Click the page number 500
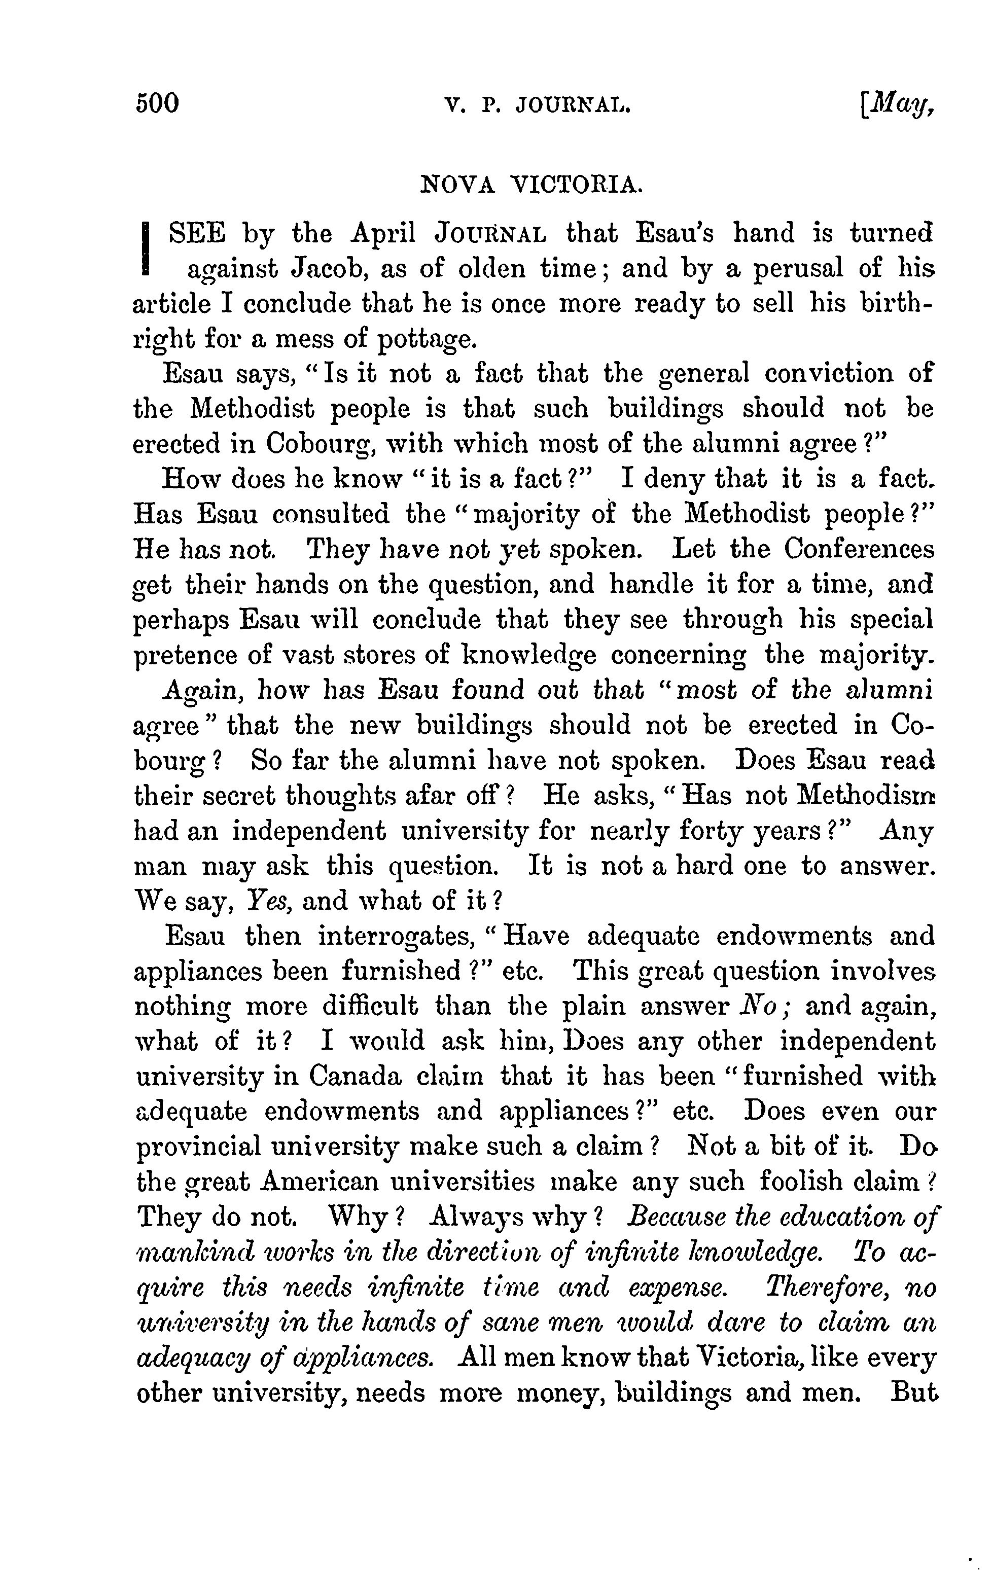point(157,103)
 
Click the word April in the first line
point(383,233)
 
